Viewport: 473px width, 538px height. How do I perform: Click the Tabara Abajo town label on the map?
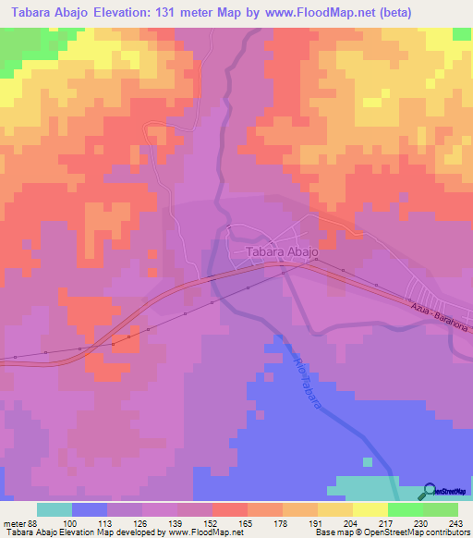tap(282, 251)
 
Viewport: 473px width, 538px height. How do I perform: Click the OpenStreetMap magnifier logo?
tap(430, 492)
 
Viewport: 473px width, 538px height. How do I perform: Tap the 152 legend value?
tap(212, 521)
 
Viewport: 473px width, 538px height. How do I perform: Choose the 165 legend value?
tap(248, 521)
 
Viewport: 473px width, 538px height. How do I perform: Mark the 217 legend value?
tap(388, 521)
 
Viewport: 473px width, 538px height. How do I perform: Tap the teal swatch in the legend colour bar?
tap(55, 509)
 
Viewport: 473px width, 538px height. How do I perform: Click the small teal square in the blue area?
tap(368, 461)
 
